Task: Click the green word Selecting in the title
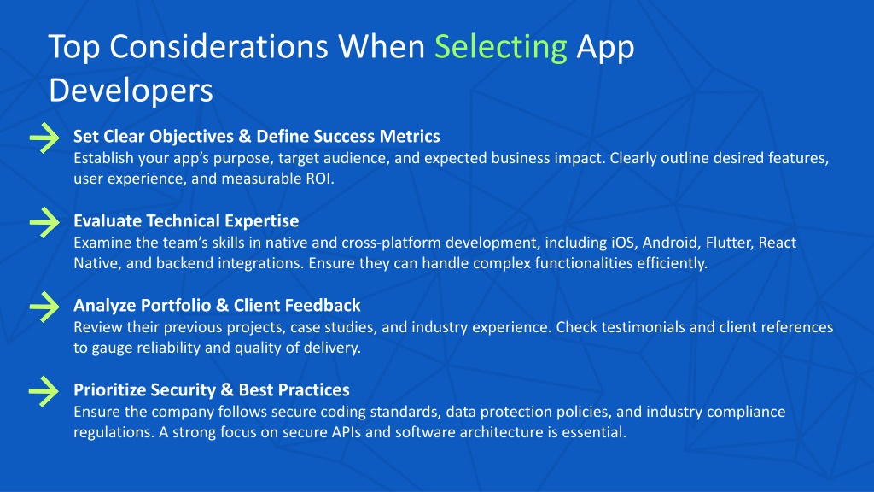click(x=500, y=47)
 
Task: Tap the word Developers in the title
click(x=131, y=91)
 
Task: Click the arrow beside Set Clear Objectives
click(x=44, y=138)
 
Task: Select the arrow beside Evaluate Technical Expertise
click(x=44, y=222)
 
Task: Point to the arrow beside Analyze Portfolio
click(x=44, y=307)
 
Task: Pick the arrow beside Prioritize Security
click(x=44, y=391)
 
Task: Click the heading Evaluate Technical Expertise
click(x=186, y=221)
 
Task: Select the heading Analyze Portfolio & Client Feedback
click(x=217, y=305)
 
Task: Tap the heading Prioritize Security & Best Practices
click(x=212, y=389)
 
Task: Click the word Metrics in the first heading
click(x=410, y=136)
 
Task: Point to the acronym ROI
click(x=319, y=179)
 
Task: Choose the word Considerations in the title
click(x=218, y=47)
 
